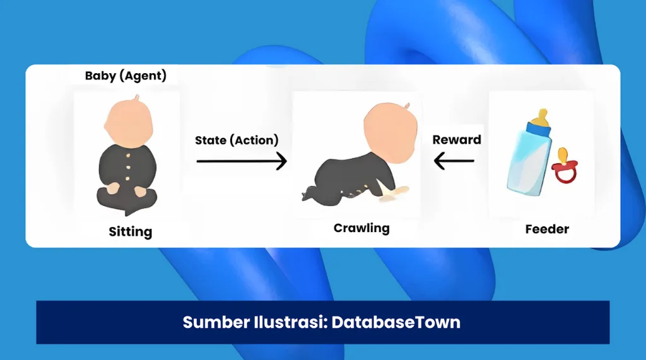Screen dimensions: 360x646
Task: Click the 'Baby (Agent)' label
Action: (126, 76)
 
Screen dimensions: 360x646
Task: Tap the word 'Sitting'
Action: (130, 231)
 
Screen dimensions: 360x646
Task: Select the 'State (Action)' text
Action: (237, 140)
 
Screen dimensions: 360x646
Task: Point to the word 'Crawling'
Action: (361, 228)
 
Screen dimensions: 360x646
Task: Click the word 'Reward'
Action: (457, 139)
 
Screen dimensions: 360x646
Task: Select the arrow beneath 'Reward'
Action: (455, 161)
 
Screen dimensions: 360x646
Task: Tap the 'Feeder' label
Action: (547, 229)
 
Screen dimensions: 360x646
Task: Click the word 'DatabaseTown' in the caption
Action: (396, 323)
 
